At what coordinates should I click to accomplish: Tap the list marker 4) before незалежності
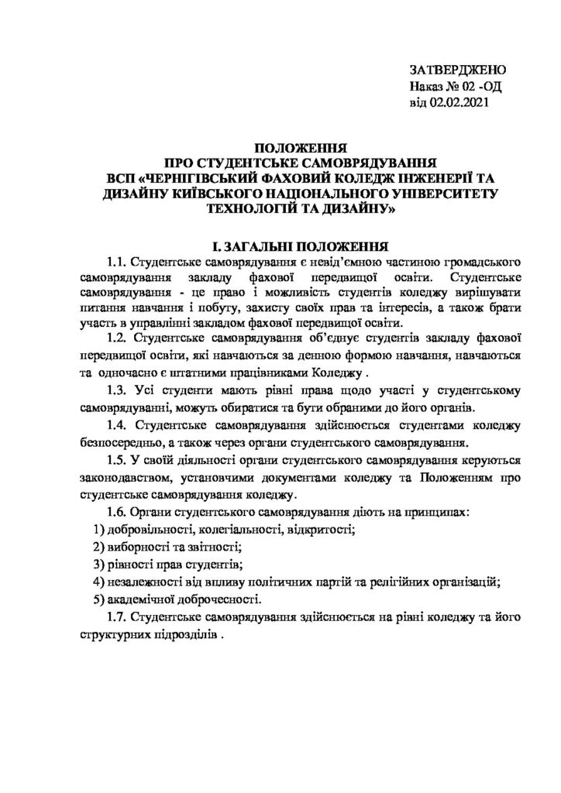coord(98,582)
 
